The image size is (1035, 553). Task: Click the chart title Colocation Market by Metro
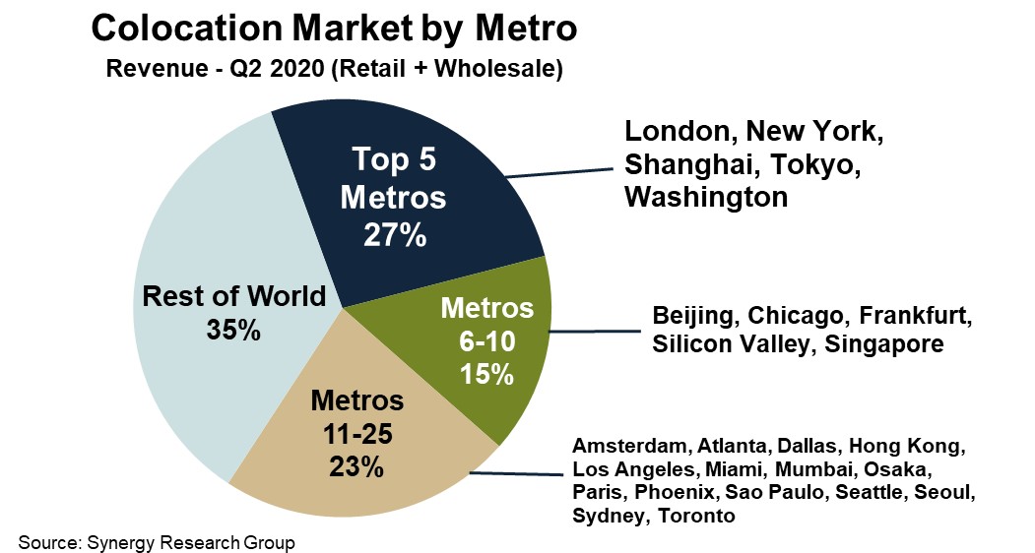pos(333,29)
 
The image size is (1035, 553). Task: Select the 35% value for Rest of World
pos(234,331)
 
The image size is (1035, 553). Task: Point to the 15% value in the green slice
pos(486,374)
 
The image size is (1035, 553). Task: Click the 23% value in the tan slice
pos(356,465)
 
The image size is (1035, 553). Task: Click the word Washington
pos(706,196)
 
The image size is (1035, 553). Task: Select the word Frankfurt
pos(916,317)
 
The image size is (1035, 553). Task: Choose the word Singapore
pos(884,344)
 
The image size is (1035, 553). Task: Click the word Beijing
pos(695,317)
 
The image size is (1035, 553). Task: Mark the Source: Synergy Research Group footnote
pos(157,542)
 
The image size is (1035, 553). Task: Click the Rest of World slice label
pos(234,296)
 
